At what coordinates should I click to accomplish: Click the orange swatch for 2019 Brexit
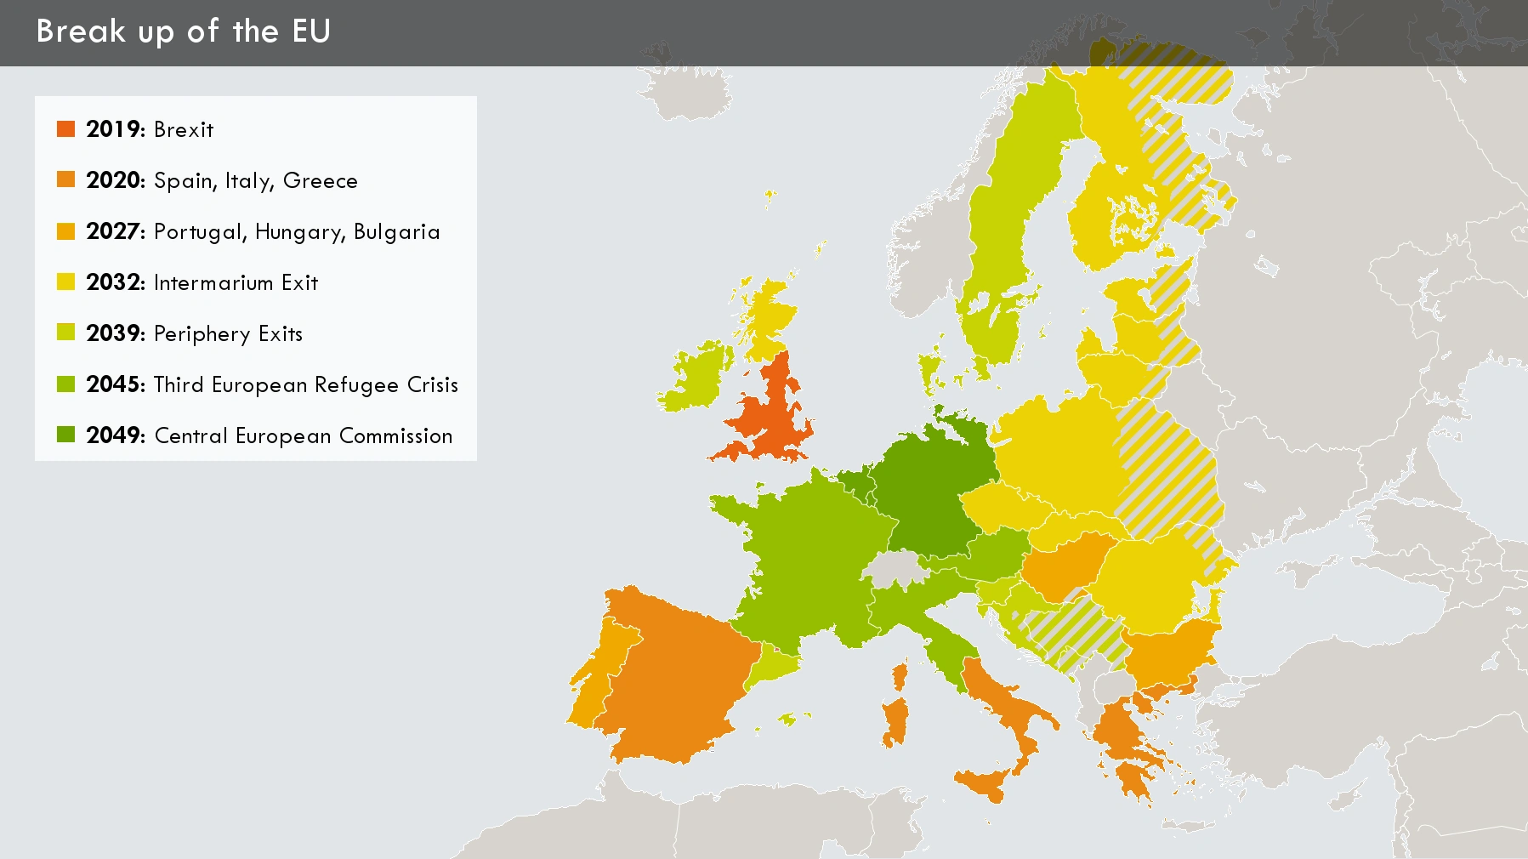[x=65, y=129]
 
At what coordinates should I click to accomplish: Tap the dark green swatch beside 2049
[x=65, y=435]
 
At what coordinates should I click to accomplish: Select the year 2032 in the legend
[x=115, y=282]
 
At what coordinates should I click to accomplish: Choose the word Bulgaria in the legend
[x=396, y=232]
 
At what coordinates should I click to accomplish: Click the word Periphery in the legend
[x=202, y=334]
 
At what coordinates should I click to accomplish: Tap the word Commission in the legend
[x=395, y=435]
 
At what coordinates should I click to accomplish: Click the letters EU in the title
[x=311, y=31]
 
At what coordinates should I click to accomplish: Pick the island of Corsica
[x=900, y=676]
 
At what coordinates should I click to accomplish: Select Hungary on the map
[x=1063, y=566]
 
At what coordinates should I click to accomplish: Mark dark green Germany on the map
[x=927, y=485]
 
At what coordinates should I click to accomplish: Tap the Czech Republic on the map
[x=1003, y=506]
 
